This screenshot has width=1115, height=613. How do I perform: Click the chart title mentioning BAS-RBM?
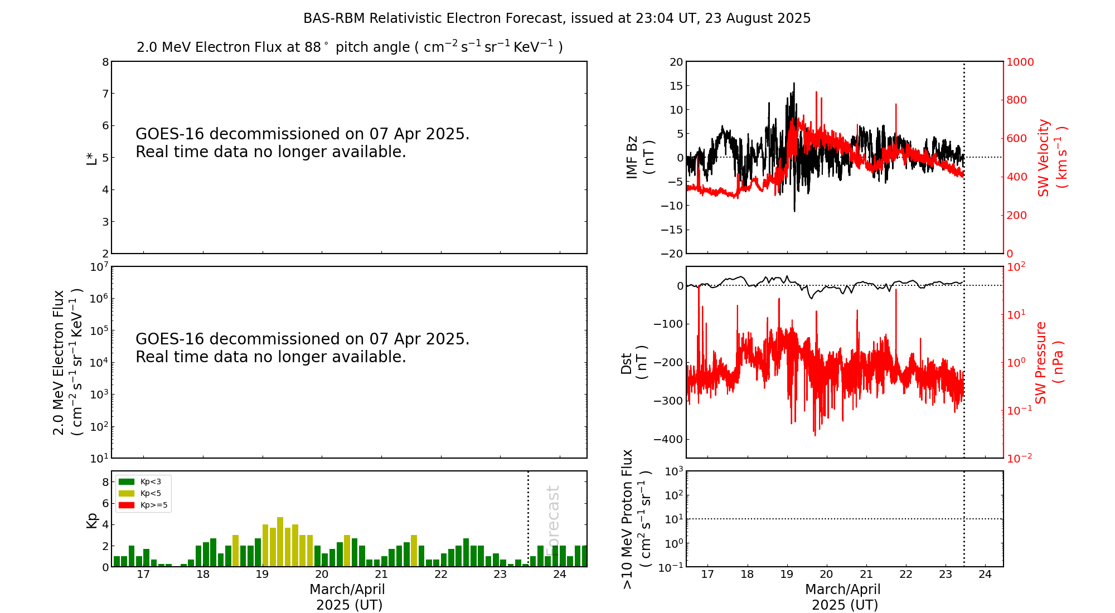click(557, 18)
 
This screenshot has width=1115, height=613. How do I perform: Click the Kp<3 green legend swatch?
click(127, 481)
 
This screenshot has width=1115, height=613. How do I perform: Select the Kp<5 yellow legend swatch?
click(127, 493)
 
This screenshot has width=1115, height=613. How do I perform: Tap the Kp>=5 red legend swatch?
click(127, 505)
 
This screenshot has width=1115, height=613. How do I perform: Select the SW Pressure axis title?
click(1049, 363)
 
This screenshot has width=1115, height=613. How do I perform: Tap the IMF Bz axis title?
click(639, 157)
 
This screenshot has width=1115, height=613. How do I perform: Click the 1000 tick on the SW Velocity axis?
click(1020, 62)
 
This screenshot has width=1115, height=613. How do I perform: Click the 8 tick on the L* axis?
click(105, 62)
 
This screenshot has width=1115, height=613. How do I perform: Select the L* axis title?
click(91, 158)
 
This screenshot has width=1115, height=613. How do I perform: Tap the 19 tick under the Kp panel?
click(263, 575)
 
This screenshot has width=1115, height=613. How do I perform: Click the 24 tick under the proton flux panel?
click(985, 575)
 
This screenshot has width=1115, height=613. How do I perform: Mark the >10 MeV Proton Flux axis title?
click(636, 519)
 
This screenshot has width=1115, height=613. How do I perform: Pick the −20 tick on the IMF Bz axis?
click(671, 254)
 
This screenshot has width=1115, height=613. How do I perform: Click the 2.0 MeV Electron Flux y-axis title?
click(67, 363)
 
